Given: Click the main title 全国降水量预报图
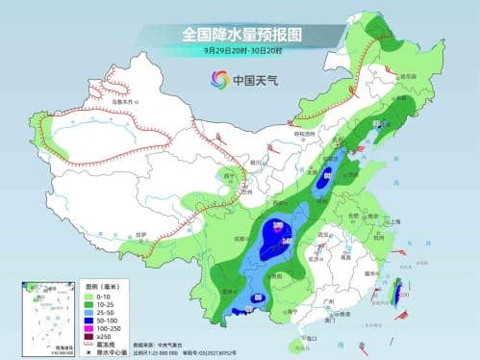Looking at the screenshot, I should pos(240,35).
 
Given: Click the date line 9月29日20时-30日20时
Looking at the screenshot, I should pos(240,52).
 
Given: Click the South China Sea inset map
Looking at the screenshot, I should pos(42,317).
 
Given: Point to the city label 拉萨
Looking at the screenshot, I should pos(141,235).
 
